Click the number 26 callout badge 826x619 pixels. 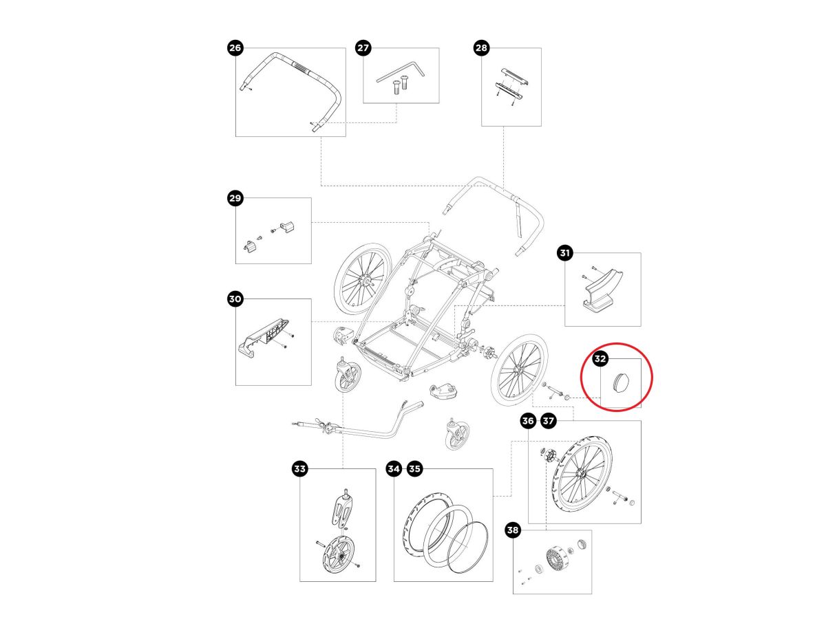click(235, 47)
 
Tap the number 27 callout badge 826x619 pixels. click(363, 47)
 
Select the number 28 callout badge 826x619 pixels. click(481, 47)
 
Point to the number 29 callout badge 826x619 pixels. click(235, 199)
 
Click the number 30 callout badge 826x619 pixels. click(235, 299)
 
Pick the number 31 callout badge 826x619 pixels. click(564, 254)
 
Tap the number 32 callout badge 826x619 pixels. click(600, 358)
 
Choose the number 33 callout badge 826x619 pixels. click(299, 469)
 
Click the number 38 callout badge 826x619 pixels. click(513, 531)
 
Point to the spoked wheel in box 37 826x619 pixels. click(582, 474)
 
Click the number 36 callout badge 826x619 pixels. click(528, 420)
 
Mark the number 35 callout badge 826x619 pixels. click(414, 469)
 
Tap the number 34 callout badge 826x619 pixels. click(393, 469)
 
